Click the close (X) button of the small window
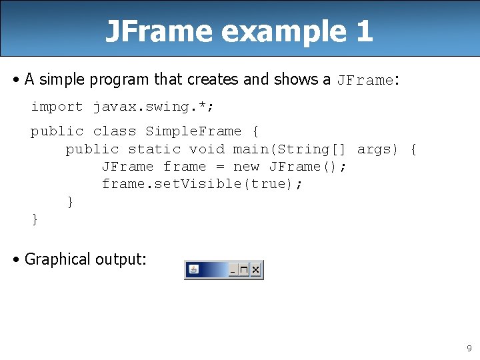tap(256, 270)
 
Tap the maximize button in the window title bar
tap(244, 270)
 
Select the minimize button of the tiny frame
tap(233, 270)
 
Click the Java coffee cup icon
tap(193, 270)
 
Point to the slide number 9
tap(469, 348)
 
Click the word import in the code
tap(57, 107)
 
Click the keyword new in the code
tap(246, 167)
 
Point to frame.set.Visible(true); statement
tap(202, 184)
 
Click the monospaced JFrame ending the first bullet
tap(365, 81)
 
